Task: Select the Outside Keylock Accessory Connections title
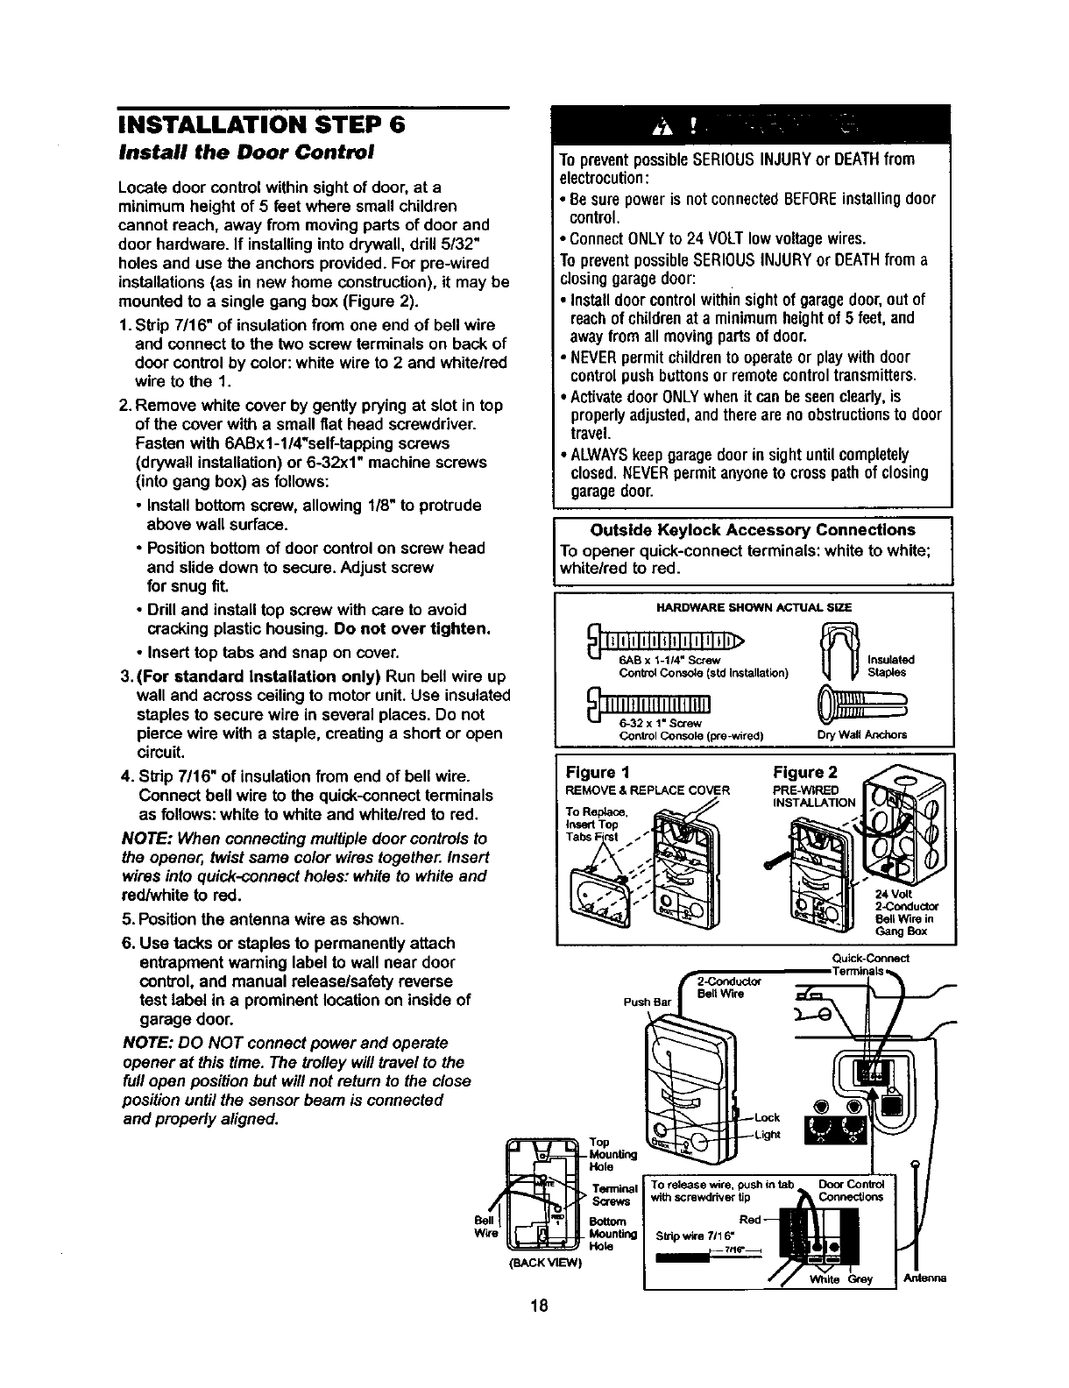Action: pyautogui.click(x=753, y=530)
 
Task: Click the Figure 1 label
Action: pyautogui.click(x=597, y=772)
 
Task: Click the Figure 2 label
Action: pyautogui.click(x=805, y=772)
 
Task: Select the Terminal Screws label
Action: pyautogui.click(x=612, y=1195)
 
